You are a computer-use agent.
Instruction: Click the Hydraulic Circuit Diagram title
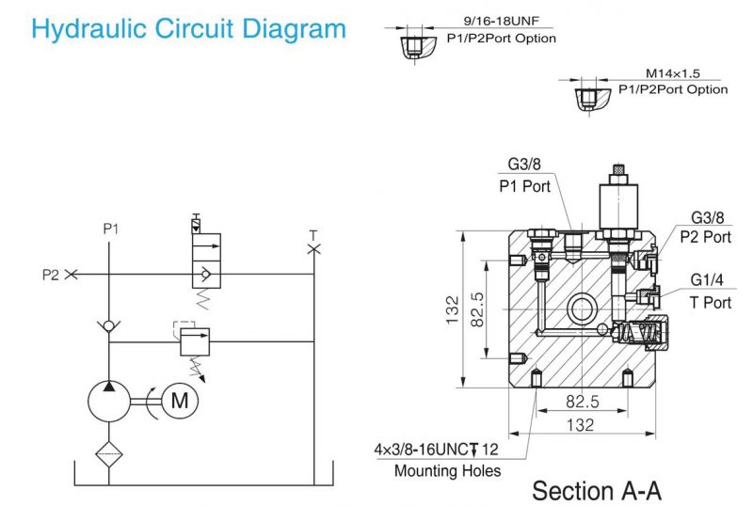coord(188,28)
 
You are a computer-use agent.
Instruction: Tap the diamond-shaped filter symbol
coord(109,453)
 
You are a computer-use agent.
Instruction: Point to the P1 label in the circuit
coord(110,229)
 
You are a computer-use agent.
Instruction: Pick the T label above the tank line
coord(313,234)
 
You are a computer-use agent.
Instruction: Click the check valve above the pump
coord(109,324)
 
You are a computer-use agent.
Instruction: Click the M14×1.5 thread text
coord(672,72)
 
